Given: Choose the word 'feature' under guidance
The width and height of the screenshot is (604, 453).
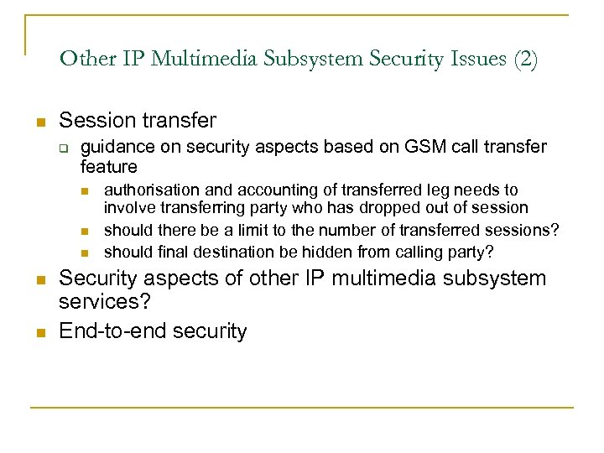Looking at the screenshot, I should click(109, 167).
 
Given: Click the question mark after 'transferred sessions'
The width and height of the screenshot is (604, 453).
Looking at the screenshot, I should click(555, 230).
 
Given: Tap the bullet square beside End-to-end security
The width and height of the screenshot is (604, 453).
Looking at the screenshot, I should click(39, 331).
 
